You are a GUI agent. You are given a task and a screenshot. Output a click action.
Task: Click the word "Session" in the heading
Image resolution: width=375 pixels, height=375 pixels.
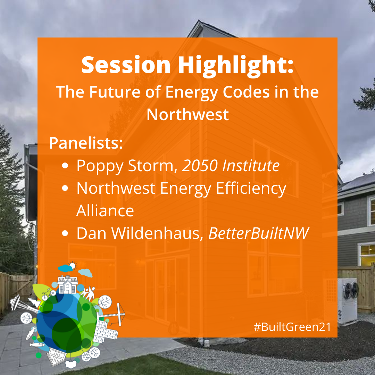pos(126,65)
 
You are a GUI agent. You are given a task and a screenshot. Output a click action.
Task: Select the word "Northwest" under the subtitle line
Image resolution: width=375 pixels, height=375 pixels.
pos(187,115)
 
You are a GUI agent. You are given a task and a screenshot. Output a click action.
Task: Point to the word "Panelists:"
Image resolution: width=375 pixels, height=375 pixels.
pos(86,143)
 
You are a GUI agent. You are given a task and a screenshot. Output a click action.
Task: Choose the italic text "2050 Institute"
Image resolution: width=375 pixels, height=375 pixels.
pos(231,166)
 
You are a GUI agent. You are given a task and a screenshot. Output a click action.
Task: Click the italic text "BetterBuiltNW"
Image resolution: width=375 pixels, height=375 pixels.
pos(259,233)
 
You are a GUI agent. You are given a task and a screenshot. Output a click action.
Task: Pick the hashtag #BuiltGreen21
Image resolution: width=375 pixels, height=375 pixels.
pos(292,327)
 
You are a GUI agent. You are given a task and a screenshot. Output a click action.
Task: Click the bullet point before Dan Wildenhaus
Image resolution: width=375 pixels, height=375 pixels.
pos(65,233)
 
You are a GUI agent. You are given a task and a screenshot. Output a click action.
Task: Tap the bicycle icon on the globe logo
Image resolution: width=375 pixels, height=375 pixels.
pos(49,294)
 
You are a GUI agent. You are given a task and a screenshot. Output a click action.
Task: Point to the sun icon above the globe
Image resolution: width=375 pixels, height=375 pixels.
pos(72,266)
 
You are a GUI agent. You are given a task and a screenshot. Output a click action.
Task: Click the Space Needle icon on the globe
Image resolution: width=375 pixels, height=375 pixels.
pos(23,304)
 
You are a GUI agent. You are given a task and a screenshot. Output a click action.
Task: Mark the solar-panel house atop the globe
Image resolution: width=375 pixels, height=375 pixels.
pos(68,285)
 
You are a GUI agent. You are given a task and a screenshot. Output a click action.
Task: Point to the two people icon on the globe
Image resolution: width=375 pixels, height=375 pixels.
pos(87,293)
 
